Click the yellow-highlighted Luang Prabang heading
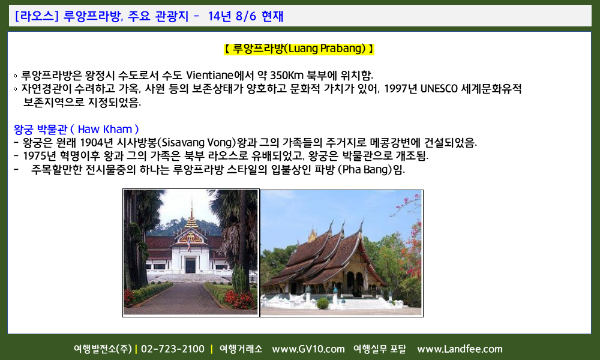[x=299, y=49]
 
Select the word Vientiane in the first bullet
[x=209, y=75]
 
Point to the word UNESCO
[x=439, y=89]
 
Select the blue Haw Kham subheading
[x=76, y=130]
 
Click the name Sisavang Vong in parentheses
[x=197, y=143]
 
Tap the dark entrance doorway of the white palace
[x=190, y=265]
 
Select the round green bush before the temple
[x=323, y=304]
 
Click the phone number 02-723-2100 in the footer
[x=173, y=349]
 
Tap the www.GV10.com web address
[x=308, y=349]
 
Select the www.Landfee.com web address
[x=460, y=349]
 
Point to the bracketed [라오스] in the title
[x=37, y=16]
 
